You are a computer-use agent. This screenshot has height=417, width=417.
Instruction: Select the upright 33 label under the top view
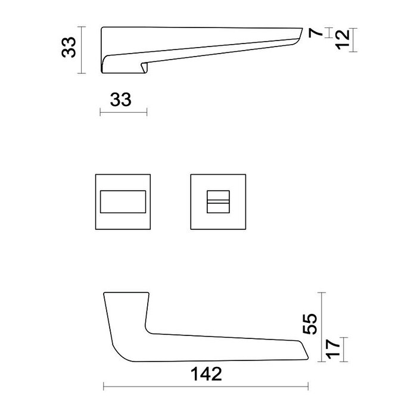tap(120, 99)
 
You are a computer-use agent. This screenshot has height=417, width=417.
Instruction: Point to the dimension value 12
tap(341, 40)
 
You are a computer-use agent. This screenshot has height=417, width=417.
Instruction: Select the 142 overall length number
tap(206, 374)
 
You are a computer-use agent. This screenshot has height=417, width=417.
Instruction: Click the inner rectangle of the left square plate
tap(123, 201)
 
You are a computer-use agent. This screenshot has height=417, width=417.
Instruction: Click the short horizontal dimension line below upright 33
tap(123, 112)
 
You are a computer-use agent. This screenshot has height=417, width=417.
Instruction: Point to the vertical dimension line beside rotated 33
tap(81, 49)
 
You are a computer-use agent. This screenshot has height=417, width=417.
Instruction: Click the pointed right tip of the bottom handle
tap(307, 358)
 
